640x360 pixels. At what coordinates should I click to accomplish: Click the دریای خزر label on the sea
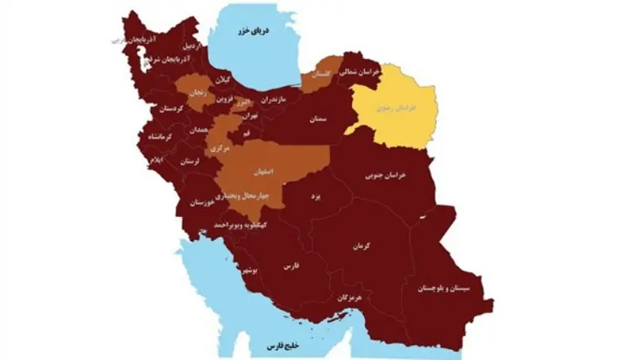(257, 31)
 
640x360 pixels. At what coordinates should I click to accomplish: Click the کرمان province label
(365, 247)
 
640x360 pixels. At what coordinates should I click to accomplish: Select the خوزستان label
(202, 203)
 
